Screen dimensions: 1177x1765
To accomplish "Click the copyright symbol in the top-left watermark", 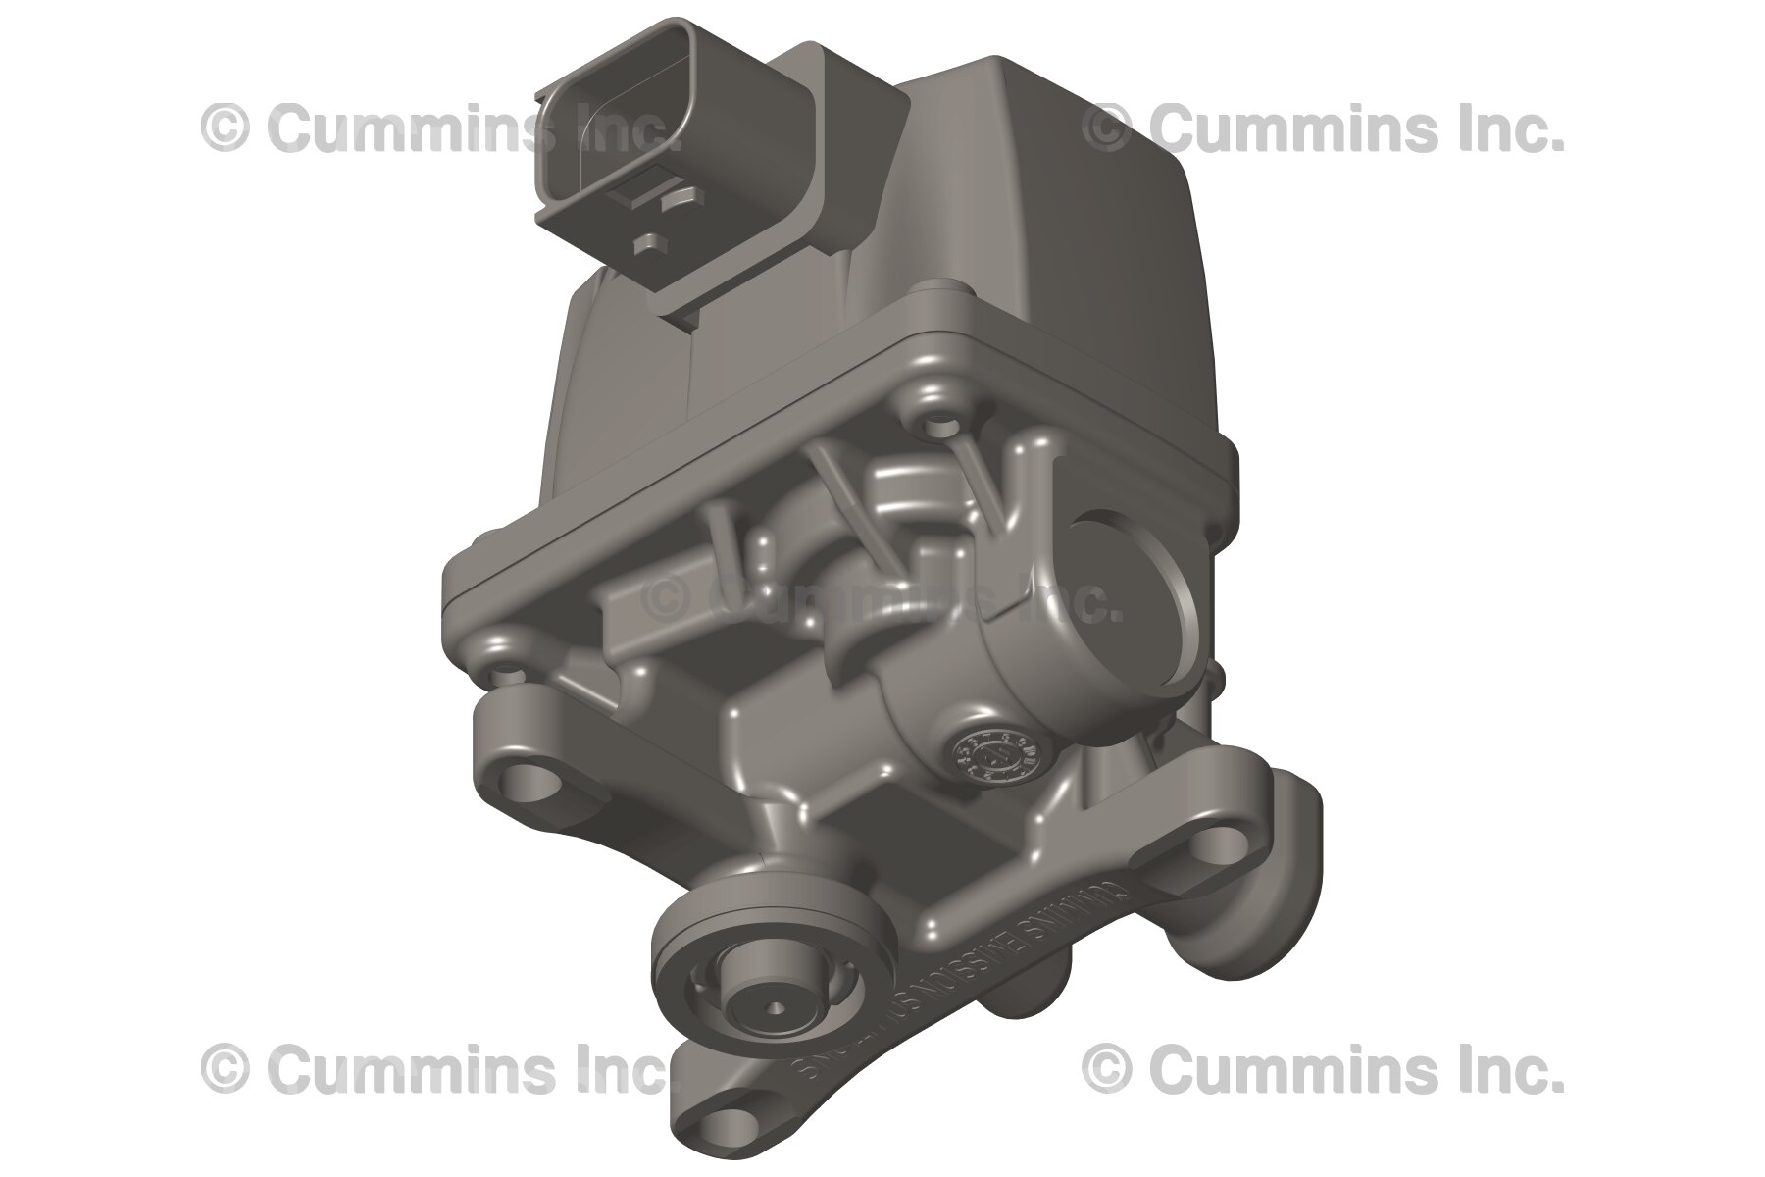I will point(224,128).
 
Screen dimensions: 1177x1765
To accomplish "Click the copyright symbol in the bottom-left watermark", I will point(224,1069).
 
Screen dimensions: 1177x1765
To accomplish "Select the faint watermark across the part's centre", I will point(882,598).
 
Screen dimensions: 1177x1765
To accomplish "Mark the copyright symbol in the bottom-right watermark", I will point(1106,1069).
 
